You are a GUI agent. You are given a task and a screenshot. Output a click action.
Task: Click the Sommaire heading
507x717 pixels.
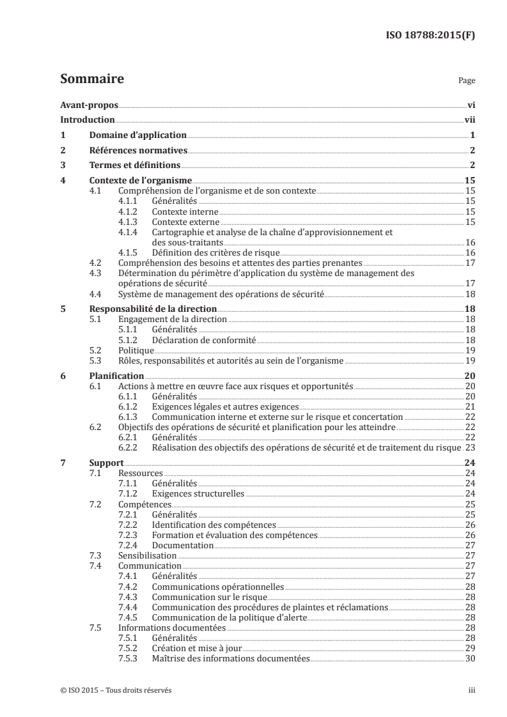(x=91, y=80)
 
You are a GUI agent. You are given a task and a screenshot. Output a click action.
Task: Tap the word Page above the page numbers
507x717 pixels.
(x=467, y=82)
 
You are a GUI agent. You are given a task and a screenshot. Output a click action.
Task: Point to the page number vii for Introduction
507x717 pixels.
(x=469, y=119)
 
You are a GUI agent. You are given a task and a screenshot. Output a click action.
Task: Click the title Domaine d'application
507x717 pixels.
(x=137, y=135)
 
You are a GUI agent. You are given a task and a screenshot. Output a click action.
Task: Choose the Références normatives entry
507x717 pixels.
(x=137, y=150)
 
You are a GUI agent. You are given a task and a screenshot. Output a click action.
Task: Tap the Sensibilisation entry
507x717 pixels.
(x=148, y=556)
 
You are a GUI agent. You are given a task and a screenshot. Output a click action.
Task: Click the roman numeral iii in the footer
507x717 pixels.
(x=472, y=691)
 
